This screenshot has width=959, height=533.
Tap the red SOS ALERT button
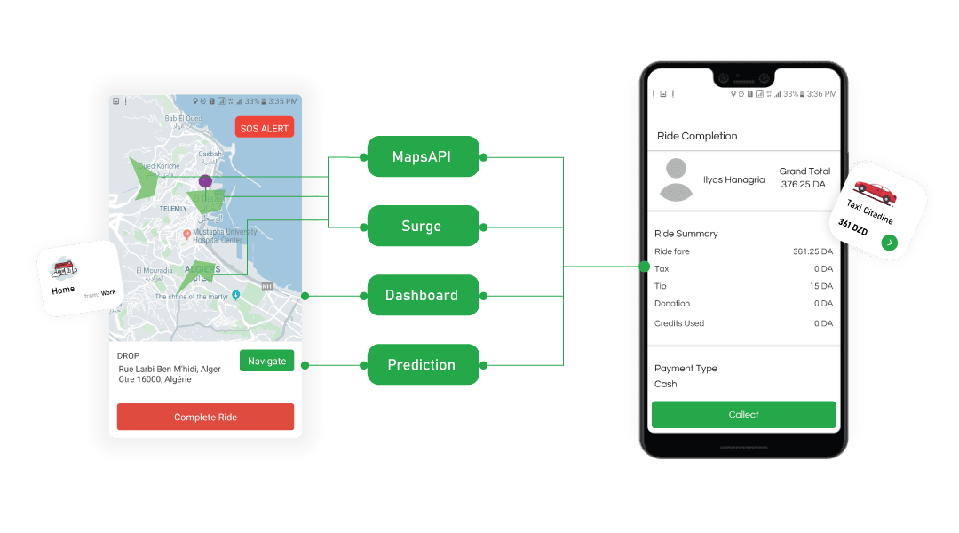pyautogui.click(x=265, y=128)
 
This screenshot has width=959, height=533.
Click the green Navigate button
pyautogui.click(x=266, y=361)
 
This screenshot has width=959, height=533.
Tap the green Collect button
pyautogui.click(x=743, y=414)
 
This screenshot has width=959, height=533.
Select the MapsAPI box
pyautogui.click(x=422, y=157)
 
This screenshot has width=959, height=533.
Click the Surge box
pyautogui.click(x=422, y=227)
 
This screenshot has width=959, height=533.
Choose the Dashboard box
pyautogui.click(x=422, y=295)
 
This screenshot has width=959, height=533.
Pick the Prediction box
pyautogui.click(x=422, y=364)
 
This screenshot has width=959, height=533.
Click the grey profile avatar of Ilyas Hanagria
pyautogui.click(x=677, y=179)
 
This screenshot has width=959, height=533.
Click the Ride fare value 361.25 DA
pyautogui.click(x=812, y=251)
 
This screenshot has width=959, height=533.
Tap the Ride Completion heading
pyautogui.click(x=697, y=136)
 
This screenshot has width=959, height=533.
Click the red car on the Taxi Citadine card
pyautogui.click(x=874, y=189)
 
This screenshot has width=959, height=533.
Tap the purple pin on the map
pyautogui.click(x=205, y=181)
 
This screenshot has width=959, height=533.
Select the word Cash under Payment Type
pyautogui.click(x=666, y=384)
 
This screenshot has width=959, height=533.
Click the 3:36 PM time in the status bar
pyautogui.click(x=821, y=94)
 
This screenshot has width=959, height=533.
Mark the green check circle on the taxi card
pyautogui.click(x=889, y=243)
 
